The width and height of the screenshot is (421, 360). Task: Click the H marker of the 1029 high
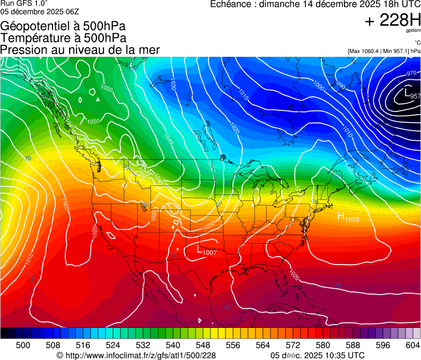pos(340,216)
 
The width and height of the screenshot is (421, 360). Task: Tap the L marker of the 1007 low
pos(200,249)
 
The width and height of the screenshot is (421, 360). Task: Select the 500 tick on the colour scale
pos(23,345)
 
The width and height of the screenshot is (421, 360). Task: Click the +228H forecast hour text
pos(393,21)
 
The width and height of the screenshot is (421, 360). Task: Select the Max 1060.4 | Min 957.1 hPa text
pos(384,51)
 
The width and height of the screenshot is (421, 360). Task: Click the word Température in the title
pos(35,38)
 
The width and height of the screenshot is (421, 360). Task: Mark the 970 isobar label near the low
pos(411,73)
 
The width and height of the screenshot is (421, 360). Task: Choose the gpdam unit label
pos(414,31)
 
